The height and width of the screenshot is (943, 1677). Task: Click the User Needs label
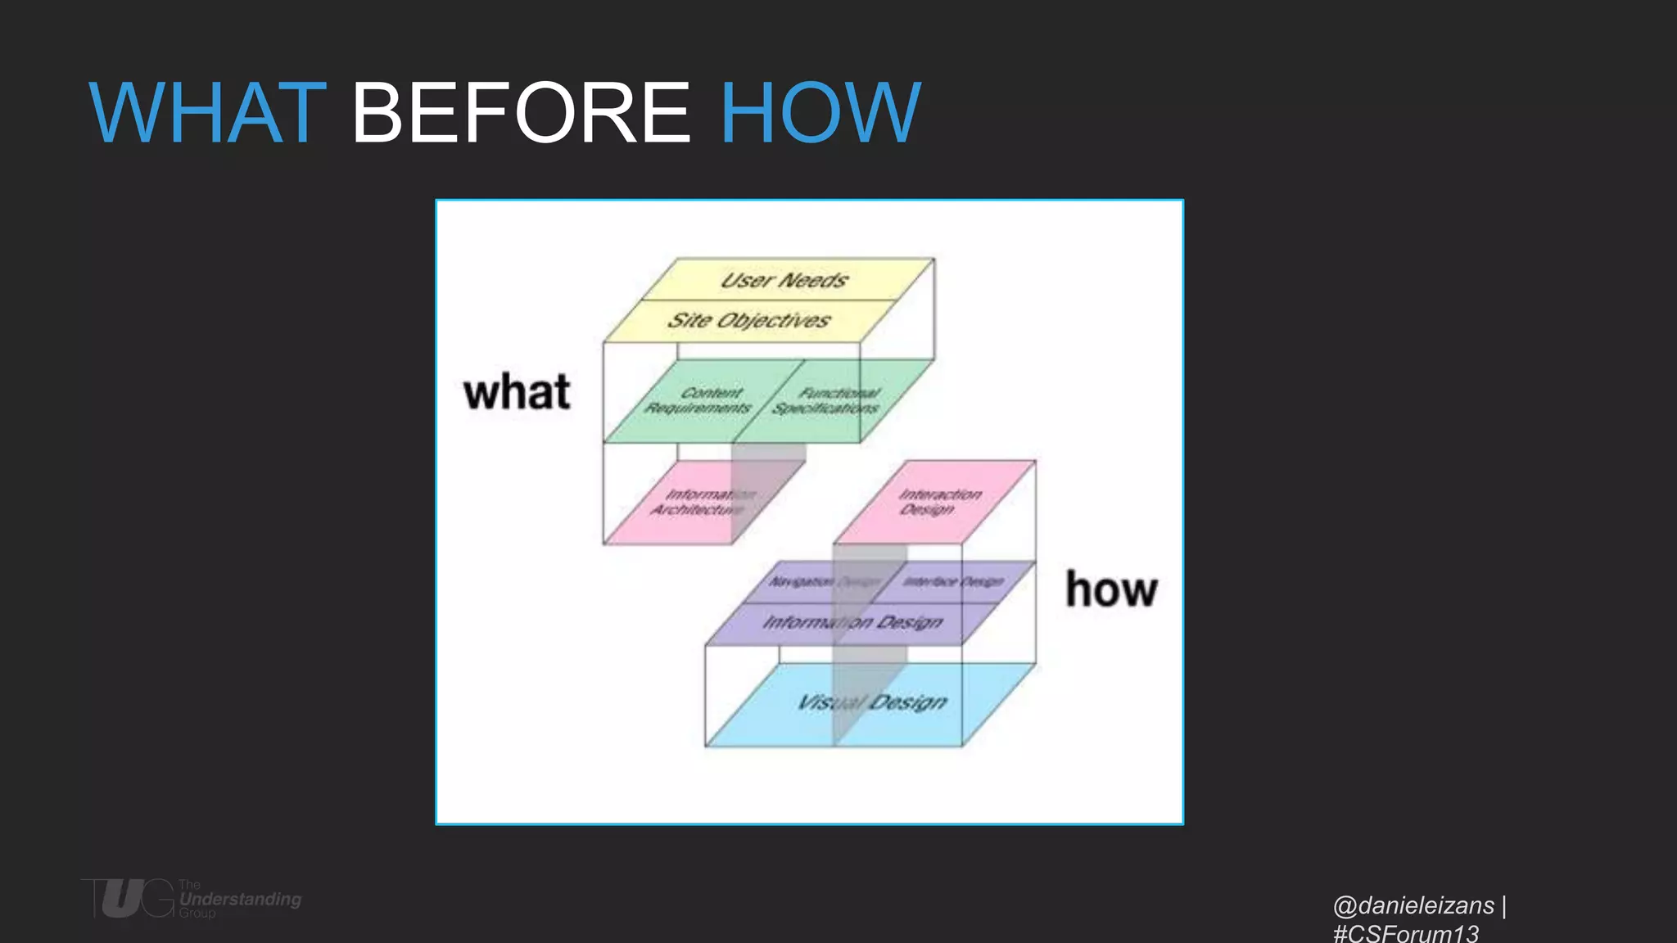[x=784, y=280]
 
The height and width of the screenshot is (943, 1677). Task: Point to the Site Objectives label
[x=748, y=320]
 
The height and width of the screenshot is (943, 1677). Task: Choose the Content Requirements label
[x=698, y=400]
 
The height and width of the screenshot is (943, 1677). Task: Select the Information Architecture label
[x=703, y=502]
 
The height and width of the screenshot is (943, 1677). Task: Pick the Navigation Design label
[x=822, y=581]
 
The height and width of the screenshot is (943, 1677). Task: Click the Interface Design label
[x=953, y=581]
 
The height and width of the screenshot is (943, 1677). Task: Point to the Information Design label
[x=852, y=622]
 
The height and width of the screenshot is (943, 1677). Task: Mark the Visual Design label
[x=872, y=702]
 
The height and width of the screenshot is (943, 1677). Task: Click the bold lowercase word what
[x=517, y=392]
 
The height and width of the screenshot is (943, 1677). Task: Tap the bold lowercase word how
[x=1111, y=590]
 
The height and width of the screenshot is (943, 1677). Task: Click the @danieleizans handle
[x=1413, y=905]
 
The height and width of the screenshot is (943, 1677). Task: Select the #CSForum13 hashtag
[x=1406, y=933]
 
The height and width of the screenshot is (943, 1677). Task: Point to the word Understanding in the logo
[x=241, y=899]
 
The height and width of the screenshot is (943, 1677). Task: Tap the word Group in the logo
[x=197, y=913]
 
